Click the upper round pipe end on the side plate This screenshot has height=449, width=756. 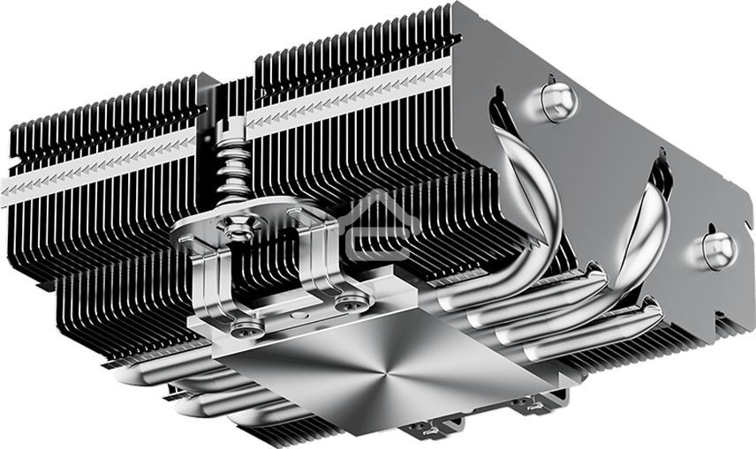pyautogui.click(x=557, y=101)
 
